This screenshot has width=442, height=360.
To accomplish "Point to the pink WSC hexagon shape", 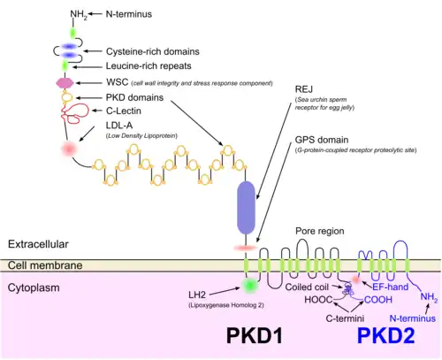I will click(64, 82).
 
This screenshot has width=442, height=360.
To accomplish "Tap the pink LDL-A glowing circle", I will click(65, 149).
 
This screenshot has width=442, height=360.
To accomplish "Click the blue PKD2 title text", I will click(385, 336).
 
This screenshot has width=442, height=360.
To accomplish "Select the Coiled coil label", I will click(309, 285).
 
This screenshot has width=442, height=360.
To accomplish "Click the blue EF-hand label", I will click(390, 287).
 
